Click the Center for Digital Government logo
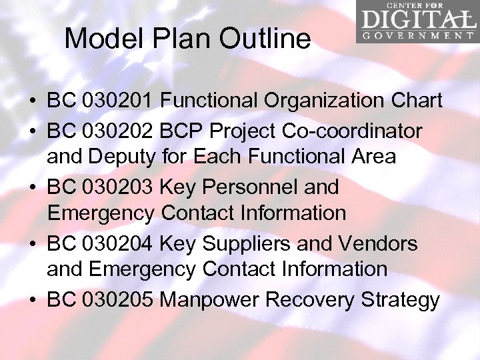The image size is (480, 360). coord(417,22)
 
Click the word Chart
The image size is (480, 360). coord(416,101)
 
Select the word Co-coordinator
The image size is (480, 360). coord(358,131)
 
